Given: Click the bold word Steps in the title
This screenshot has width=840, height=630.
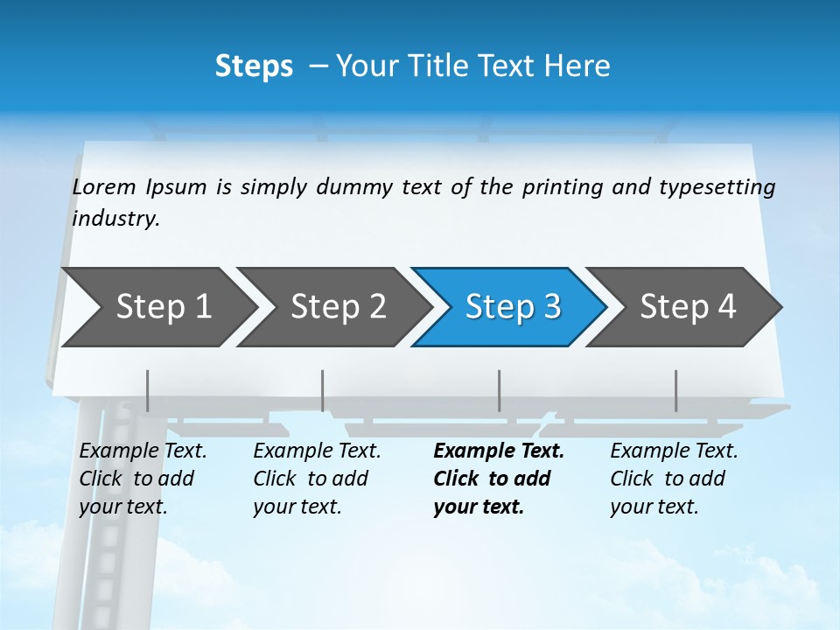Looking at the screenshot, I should [x=254, y=66].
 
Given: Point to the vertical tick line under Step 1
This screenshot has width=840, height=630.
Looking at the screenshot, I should [x=147, y=390].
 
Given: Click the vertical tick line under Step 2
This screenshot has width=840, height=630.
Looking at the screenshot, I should [x=323, y=390].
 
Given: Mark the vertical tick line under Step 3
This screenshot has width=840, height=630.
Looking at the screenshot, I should [x=499, y=390].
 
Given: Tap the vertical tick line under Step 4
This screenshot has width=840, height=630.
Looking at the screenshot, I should [x=675, y=390].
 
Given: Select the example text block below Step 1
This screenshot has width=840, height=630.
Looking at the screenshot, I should [x=142, y=479].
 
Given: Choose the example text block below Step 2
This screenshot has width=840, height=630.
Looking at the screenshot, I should [x=316, y=479].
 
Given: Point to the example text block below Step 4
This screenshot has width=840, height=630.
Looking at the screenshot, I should [x=673, y=479].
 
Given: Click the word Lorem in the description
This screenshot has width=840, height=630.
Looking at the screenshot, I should [x=104, y=187].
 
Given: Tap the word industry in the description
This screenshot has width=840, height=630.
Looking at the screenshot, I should [x=115, y=219].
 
